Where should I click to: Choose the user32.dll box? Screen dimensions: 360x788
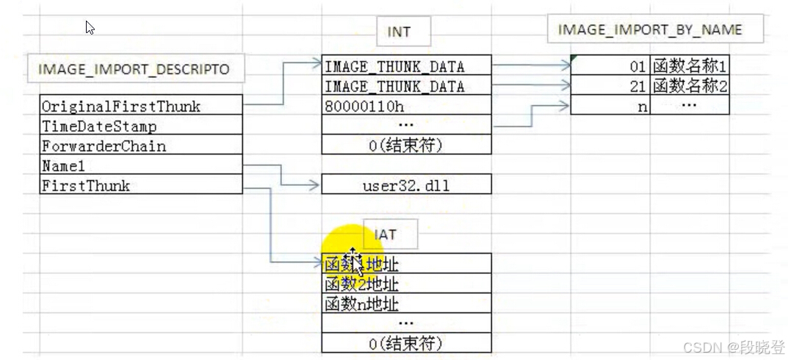click(406, 185)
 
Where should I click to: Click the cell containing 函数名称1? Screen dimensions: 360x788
click(689, 66)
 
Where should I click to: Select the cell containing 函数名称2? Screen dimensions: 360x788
click(689, 86)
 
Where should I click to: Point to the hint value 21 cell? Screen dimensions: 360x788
click(610, 86)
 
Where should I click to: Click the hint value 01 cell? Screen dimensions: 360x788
click(610, 66)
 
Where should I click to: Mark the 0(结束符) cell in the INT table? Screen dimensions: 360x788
click(406, 145)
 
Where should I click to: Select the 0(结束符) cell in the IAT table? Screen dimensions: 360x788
click(406, 342)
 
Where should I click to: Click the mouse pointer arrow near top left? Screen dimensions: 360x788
click(90, 27)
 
